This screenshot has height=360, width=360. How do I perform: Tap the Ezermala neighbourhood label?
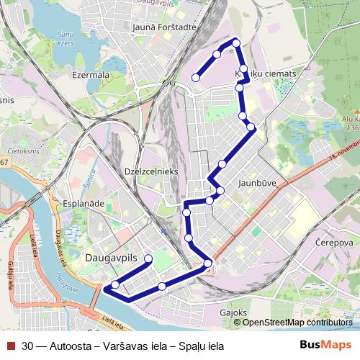coord(91,74)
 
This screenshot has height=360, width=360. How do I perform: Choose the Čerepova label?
coord(335,243)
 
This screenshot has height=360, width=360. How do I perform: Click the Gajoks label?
coord(234,313)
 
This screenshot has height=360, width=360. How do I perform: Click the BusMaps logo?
coord(326,345)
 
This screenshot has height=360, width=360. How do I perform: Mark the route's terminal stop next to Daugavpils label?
coord(148,258)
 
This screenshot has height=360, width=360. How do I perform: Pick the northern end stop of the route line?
coord(195,77)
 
